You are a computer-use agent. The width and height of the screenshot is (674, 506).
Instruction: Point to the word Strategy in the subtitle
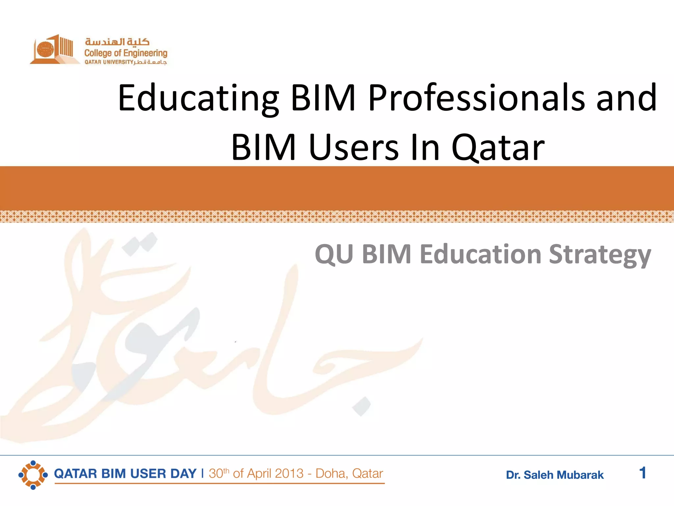[600, 255]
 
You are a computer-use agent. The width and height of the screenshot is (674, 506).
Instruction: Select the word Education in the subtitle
[480, 255]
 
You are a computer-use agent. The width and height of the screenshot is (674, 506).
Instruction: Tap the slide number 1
[642, 473]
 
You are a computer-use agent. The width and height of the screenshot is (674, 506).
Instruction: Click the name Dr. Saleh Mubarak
[555, 475]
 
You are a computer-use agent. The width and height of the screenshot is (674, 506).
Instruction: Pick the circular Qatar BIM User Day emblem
[33, 475]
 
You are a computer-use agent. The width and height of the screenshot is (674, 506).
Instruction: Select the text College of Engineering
[126, 53]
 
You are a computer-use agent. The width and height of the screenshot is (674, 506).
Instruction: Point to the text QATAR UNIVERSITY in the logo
[109, 62]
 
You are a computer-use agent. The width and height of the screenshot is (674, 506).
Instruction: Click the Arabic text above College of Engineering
[117, 42]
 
